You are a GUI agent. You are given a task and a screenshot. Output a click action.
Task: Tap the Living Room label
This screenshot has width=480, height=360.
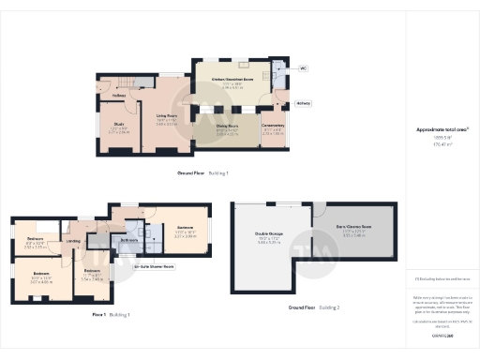pos(167,116)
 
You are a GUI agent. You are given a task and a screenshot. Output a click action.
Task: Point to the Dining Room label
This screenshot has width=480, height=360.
pos(228,126)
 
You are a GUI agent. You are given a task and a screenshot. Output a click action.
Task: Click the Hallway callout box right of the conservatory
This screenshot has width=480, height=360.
pos(304,103)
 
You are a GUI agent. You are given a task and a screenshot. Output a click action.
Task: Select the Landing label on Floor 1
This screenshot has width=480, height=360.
pos(73,241)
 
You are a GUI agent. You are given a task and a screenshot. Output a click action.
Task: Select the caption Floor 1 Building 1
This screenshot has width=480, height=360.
pos(111,314)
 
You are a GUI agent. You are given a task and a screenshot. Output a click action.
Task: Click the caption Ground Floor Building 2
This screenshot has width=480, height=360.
pos(314,307)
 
